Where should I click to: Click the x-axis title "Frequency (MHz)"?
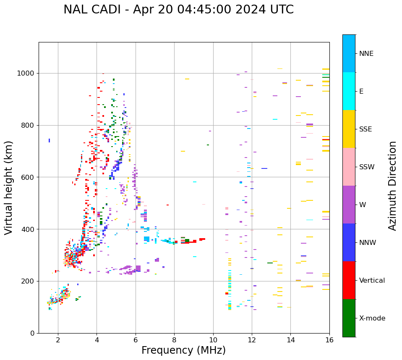[183, 350]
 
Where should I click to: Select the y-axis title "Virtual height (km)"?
[9, 188]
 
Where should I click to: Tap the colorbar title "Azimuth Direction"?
[392, 186]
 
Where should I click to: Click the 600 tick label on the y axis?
[28, 177]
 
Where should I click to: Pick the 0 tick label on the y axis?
[32, 333]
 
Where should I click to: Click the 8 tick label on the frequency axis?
[174, 340]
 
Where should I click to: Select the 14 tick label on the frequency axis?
[290, 340]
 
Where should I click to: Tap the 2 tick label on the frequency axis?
[58, 340]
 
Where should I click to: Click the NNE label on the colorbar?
[366, 54]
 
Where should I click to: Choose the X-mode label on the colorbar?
[372, 318]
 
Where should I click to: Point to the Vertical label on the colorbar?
[372, 281]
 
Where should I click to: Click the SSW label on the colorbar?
[367, 167]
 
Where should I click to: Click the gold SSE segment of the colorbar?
[349, 129]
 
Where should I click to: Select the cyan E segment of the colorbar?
[349, 91]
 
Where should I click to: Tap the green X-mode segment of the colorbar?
[349, 318]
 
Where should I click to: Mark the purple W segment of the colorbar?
[349, 205]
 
